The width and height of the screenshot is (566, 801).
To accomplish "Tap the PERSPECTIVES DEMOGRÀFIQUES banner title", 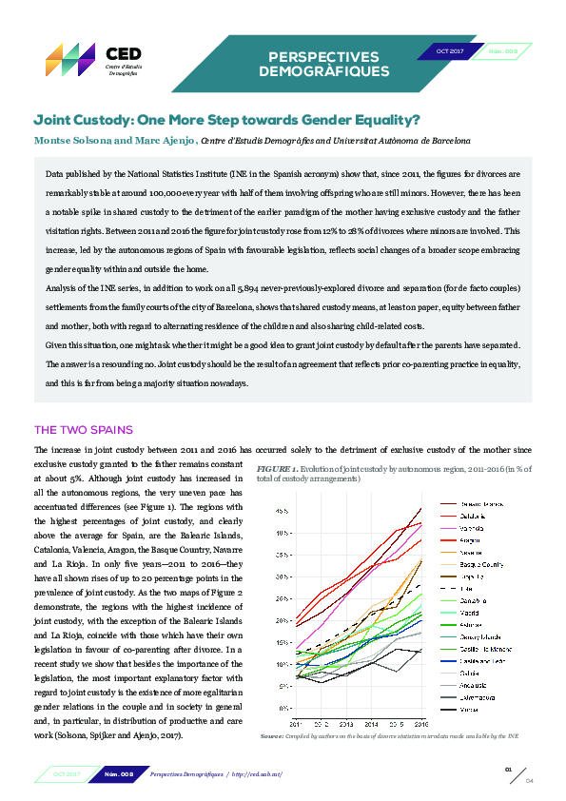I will click(323, 64).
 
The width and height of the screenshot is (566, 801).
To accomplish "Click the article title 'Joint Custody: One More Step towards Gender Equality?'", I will click(227, 121).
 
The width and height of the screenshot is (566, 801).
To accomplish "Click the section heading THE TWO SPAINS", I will click(84, 429).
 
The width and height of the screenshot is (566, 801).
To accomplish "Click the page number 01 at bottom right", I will click(508, 768).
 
